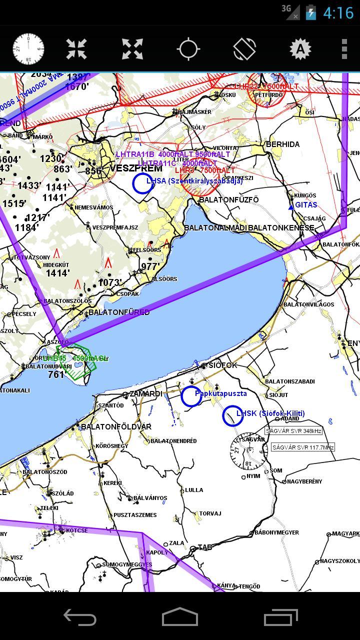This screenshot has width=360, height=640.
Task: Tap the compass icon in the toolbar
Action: pyautogui.click(x=28, y=49)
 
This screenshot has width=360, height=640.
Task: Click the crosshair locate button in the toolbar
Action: pyautogui.click(x=188, y=49)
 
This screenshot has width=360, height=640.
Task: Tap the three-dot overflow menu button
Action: pyautogui.click(x=344, y=49)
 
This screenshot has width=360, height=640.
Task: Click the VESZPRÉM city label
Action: pyautogui.click(x=136, y=168)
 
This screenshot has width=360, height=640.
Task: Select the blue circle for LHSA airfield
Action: pyautogui.click(x=142, y=183)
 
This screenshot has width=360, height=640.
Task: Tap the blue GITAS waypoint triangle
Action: pyautogui.click(x=291, y=206)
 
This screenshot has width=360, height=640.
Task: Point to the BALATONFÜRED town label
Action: pyautogui.click(x=119, y=312)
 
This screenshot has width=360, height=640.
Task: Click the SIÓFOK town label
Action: pyautogui.click(x=223, y=365)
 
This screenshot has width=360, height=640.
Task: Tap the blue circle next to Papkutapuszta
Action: pyautogui.click(x=191, y=396)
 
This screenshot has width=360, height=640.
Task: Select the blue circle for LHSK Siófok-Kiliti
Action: pyautogui.click(x=232, y=415)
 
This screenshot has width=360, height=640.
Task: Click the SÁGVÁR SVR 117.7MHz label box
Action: pyautogui.click(x=303, y=447)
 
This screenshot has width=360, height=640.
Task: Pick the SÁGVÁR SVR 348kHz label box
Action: pyautogui.click(x=293, y=430)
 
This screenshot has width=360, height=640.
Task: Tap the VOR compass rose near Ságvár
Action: pyautogui.click(x=248, y=450)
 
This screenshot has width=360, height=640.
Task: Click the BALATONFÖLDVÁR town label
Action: pyautogui.click(x=116, y=427)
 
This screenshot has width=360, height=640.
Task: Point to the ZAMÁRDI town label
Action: pyautogui.click(x=145, y=394)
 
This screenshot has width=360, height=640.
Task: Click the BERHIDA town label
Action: pyautogui.click(x=282, y=144)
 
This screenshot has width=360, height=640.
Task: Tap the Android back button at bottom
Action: pyautogui.click(x=80, y=618)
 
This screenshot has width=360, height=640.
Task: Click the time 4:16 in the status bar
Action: pyautogui.click(x=338, y=12)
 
